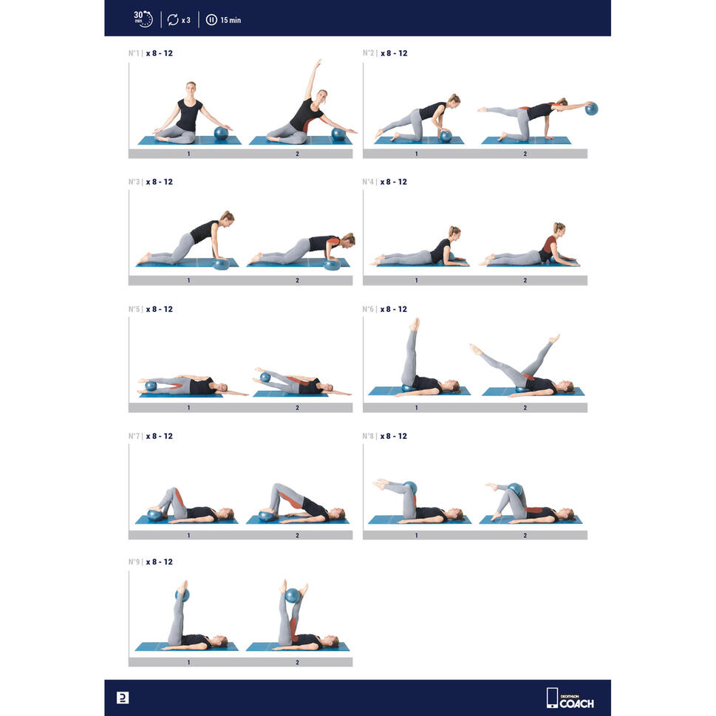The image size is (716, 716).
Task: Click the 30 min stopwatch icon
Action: tap(143, 19)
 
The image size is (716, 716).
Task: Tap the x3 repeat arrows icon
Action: tap(173, 20)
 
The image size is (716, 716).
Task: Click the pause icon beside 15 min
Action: tap(211, 20)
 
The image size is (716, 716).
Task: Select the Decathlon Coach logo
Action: tap(570, 698)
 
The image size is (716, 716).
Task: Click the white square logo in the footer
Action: tap(123, 698)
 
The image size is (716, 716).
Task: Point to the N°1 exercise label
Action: tap(134, 53)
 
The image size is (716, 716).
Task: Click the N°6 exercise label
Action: tap(368, 309)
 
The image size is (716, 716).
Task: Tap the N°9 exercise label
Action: tap(134, 562)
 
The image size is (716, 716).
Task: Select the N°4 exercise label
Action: tap(368, 182)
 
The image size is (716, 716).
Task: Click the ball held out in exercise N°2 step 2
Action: tap(591, 109)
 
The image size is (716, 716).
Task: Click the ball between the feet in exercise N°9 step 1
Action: tap(183, 596)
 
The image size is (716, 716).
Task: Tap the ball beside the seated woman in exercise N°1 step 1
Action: tap(221, 133)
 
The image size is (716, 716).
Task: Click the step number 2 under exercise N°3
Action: tap(297, 280)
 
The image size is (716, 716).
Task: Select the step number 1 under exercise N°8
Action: tap(417, 535)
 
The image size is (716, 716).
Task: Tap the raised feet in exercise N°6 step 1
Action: tap(415, 324)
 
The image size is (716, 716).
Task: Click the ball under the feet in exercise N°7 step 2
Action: tap(266, 516)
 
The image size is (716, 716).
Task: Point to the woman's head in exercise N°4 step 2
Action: tap(559, 228)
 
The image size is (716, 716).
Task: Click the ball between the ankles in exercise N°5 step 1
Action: tap(151, 386)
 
